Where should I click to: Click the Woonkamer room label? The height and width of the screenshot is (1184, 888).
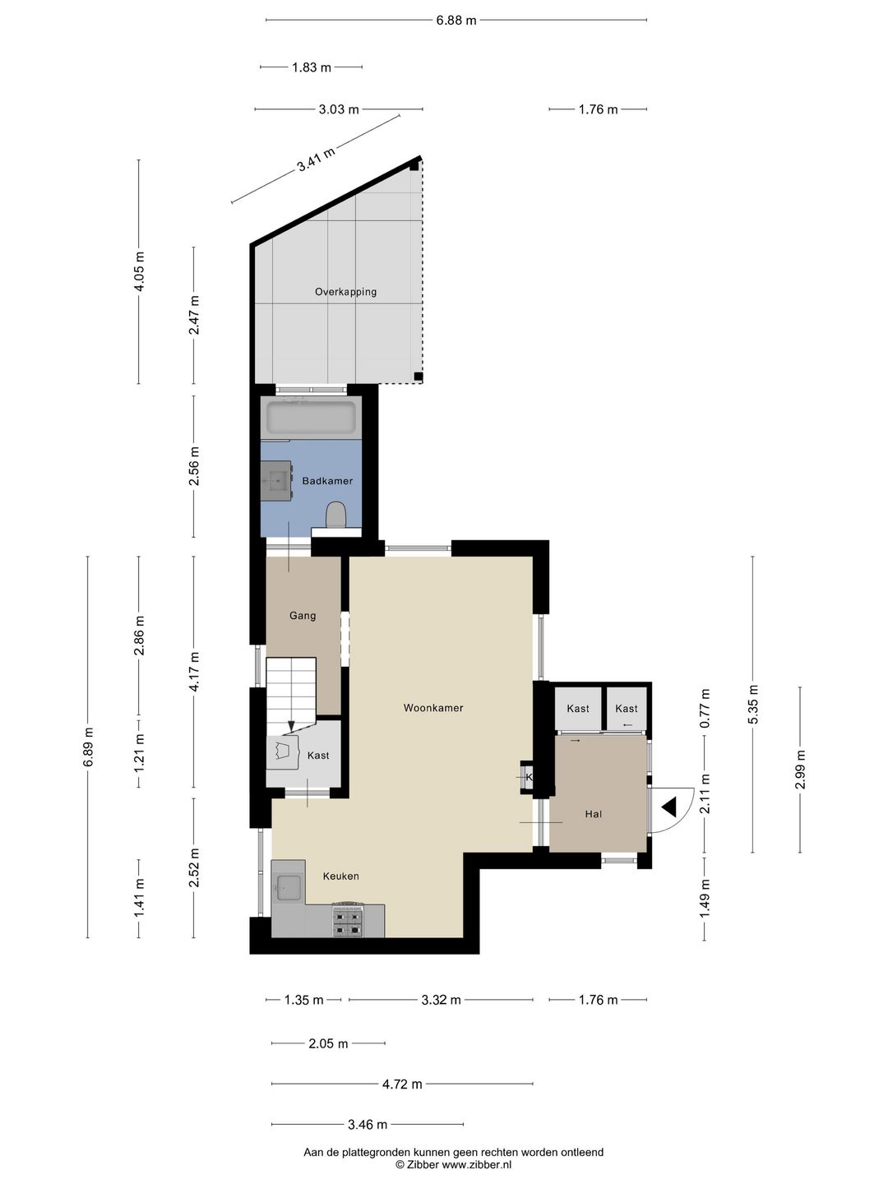click(x=433, y=708)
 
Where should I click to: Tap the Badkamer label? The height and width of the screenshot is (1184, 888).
click(x=327, y=481)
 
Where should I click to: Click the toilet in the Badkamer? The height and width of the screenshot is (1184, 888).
click(x=336, y=514)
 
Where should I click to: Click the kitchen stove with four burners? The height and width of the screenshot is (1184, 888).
click(x=348, y=921)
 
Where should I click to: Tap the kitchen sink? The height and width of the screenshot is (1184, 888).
click(x=289, y=887)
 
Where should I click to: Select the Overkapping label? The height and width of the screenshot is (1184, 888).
click(x=345, y=292)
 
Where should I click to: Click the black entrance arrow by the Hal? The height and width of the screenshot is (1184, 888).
click(x=669, y=807)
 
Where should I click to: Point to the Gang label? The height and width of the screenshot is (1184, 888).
click(x=303, y=616)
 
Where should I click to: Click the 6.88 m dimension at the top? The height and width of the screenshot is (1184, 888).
click(x=456, y=21)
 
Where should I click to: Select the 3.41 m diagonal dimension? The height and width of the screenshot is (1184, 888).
click(x=316, y=159)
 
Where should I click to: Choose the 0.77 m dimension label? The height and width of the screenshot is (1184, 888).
click(x=705, y=709)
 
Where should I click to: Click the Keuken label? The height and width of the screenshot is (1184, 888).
click(x=340, y=876)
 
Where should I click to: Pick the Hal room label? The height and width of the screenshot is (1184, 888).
click(x=593, y=814)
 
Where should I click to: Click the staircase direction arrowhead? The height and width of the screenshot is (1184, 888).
click(x=291, y=725)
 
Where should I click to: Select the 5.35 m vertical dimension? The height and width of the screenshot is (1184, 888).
click(x=753, y=705)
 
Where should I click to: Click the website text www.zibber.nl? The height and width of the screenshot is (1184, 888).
click(x=477, y=1164)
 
